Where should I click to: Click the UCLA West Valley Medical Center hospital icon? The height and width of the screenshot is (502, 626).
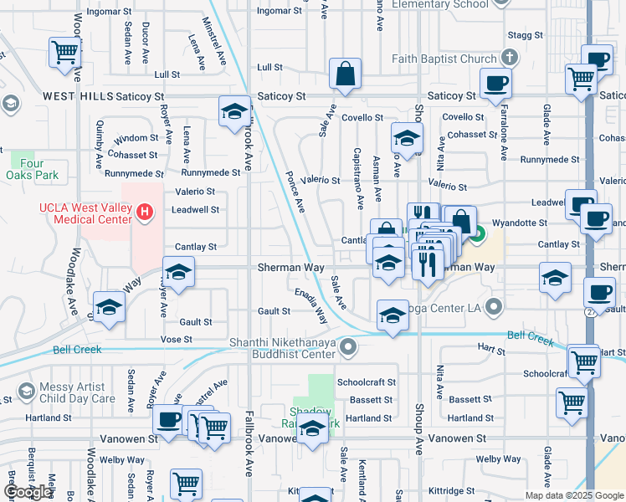click(x=146, y=213)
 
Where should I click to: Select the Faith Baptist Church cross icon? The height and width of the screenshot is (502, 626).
click(x=508, y=59)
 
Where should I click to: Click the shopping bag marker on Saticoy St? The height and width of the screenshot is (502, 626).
click(x=345, y=74)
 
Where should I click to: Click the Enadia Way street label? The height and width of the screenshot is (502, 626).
click(x=310, y=306)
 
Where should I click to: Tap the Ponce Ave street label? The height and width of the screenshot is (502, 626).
click(x=295, y=192)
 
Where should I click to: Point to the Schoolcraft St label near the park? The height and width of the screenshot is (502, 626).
click(x=365, y=382)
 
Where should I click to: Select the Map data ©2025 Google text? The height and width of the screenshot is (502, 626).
click(x=573, y=495)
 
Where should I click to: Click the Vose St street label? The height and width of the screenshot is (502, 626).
click(x=177, y=340)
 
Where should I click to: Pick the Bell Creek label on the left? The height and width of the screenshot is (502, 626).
click(x=77, y=349)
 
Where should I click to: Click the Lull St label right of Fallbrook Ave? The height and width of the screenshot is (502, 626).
click(x=269, y=67)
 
